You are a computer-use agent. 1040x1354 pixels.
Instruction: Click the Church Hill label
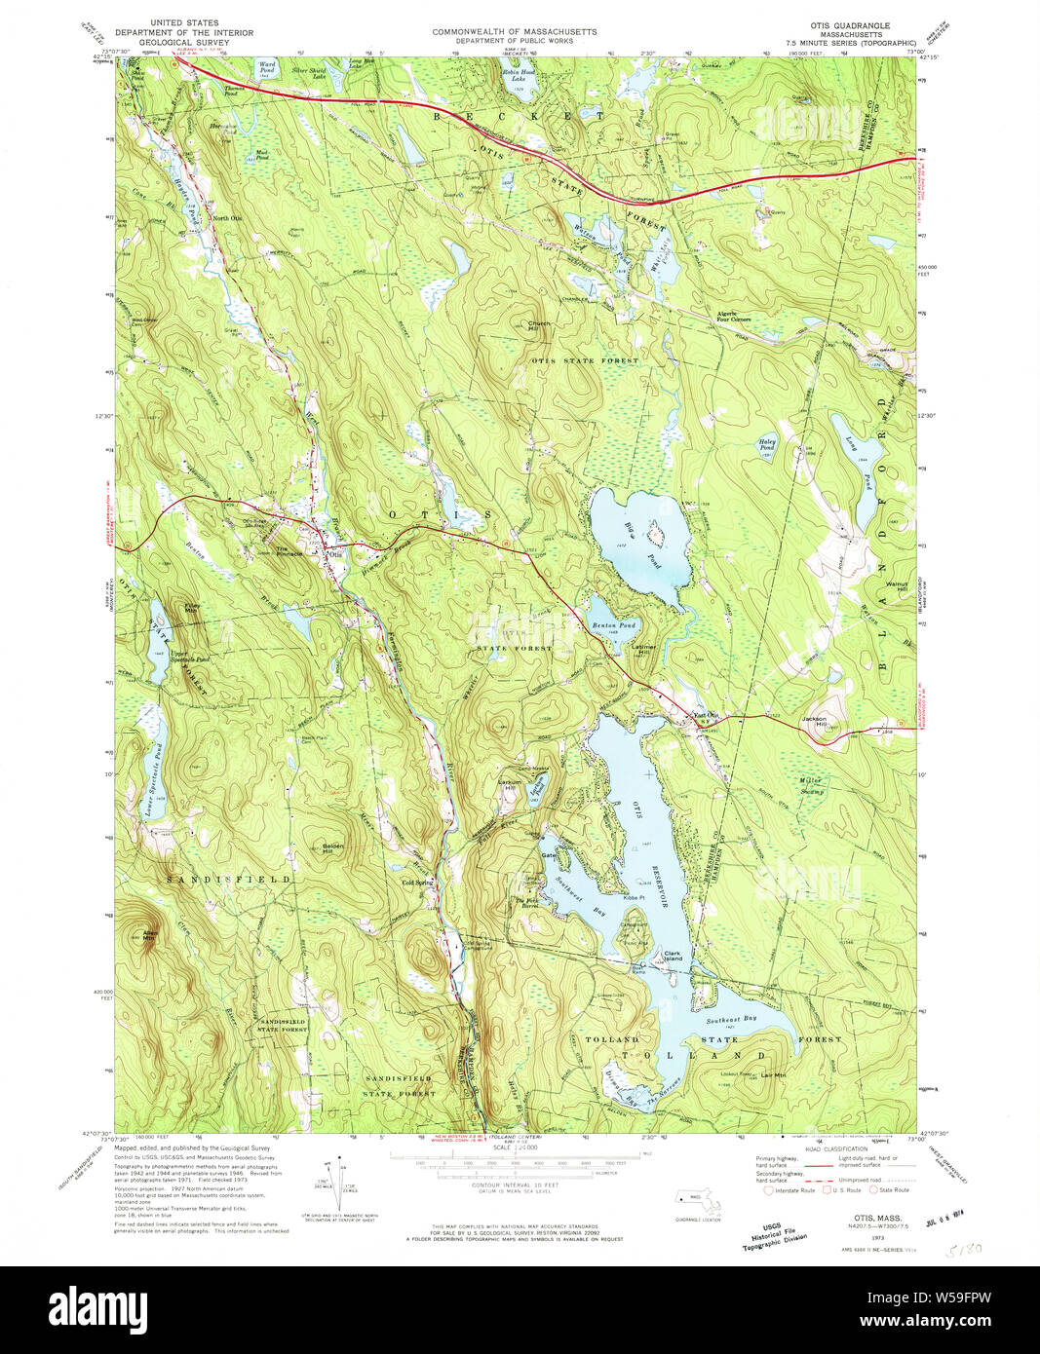(x=539, y=326)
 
